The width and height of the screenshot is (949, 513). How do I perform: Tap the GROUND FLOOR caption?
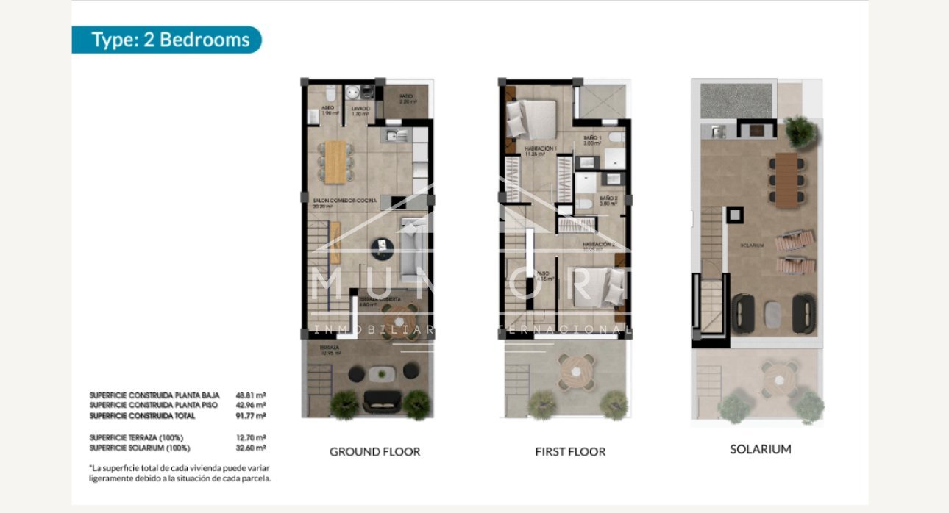[374, 451]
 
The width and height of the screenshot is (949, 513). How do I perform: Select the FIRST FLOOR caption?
[570, 451]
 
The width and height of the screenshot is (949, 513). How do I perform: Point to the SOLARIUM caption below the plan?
[761, 448]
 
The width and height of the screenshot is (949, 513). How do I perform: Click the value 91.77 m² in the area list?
[251, 416]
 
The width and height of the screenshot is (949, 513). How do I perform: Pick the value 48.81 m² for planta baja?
[251, 394]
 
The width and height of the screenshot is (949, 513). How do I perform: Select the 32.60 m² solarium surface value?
[251, 448]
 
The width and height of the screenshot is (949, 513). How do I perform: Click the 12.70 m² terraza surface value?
[251, 437]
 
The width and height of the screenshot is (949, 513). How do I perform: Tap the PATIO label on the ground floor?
[405, 96]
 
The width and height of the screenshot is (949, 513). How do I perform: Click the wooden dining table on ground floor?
[335, 161]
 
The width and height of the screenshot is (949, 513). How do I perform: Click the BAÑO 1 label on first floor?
[593, 138]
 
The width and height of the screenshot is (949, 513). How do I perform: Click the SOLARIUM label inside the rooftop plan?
[753, 245]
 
